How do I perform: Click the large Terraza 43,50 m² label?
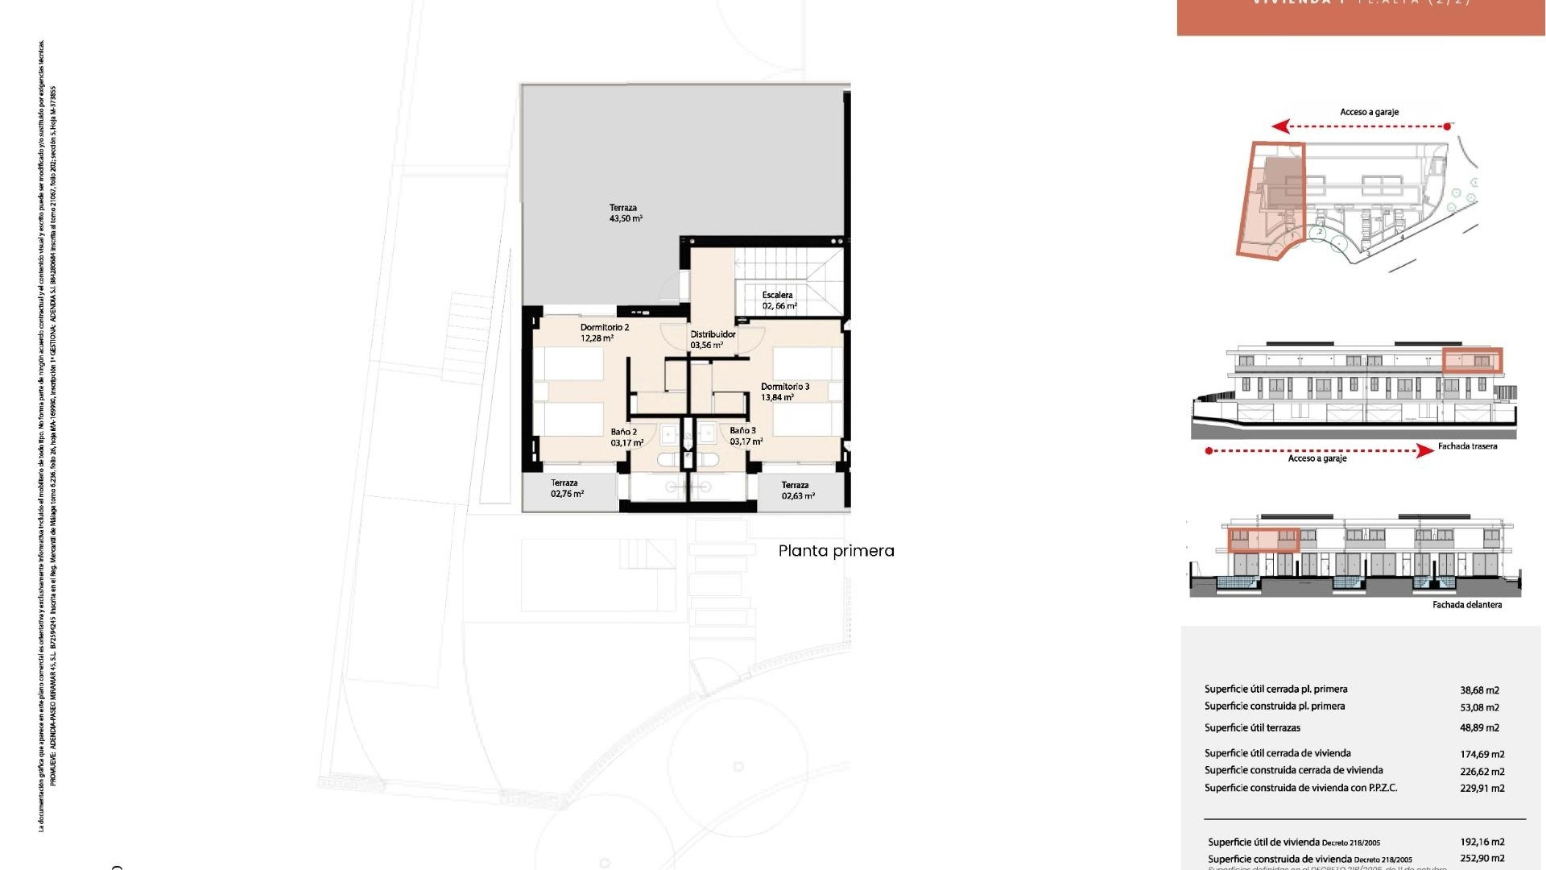point(625,213)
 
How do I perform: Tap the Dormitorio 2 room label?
point(604,333)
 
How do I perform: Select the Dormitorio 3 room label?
point(784,391)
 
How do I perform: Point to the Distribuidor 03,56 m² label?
point(712,339)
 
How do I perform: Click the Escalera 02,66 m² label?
point(779,300)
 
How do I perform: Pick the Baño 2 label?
point(626,437)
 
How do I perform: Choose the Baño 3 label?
point(745,436)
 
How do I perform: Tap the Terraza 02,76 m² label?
point(566,488)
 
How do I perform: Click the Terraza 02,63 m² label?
point(796,491)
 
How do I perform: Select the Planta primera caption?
point(836,551)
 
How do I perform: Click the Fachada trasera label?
point(1467,446)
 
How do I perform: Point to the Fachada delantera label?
point(1466,605)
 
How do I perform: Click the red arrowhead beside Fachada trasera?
point(1424,451)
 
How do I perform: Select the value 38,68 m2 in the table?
point(1479,690)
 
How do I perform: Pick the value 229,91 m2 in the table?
point(1482,789)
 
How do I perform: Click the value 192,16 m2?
point(1482,842)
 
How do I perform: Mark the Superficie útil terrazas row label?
point(1252,728)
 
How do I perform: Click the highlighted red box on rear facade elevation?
point(1472,360)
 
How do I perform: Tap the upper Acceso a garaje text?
point(1369,112)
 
